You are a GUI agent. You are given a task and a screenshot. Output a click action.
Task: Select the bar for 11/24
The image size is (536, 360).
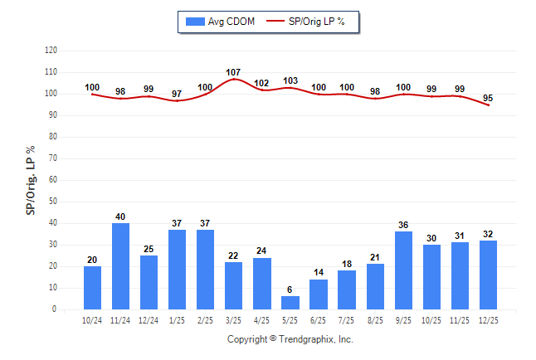pyautogui.click(x=121, y=266)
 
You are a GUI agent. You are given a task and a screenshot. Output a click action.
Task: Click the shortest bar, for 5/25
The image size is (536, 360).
pyautogui.click(x=290, y=303)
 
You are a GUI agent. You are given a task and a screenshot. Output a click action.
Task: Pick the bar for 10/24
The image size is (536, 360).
pyautogui.click(x=93, y=288)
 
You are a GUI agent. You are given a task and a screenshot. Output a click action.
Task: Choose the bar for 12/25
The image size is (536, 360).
pyautogui.click(x=488, y=275)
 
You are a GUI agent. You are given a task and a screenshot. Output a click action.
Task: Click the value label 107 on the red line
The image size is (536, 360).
pyautogui.click(x=234, y=72)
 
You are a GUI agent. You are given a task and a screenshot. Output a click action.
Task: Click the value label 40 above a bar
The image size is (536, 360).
pyautogui.click(x=121, y=216)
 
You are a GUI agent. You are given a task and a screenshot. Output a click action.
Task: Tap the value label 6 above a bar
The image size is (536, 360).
pyautogui.click(x=290, y=289)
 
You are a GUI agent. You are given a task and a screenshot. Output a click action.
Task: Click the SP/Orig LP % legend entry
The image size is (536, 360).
pyautogui.click(x=312, y=21)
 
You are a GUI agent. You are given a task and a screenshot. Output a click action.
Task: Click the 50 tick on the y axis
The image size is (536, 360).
pyautogui.click(x=53, y=202)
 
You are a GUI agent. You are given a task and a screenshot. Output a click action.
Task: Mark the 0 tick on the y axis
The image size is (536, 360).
pyautogui.click(x=55, y=309)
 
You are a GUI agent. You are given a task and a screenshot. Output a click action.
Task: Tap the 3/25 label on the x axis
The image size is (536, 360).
pyautogui.click(x=234, y=319)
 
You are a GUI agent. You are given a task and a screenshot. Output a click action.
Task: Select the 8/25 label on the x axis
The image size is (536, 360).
pyautogui.click(x=375, y=319)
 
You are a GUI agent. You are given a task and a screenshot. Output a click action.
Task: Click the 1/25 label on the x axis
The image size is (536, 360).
pyautogui.click(x=178, y=319)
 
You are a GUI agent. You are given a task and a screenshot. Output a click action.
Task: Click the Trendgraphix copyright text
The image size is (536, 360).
pyautogui.click(x=290, y=339)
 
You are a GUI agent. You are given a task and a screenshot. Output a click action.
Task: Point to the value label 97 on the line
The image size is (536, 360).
pyautogui.click(x=178, y=94)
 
